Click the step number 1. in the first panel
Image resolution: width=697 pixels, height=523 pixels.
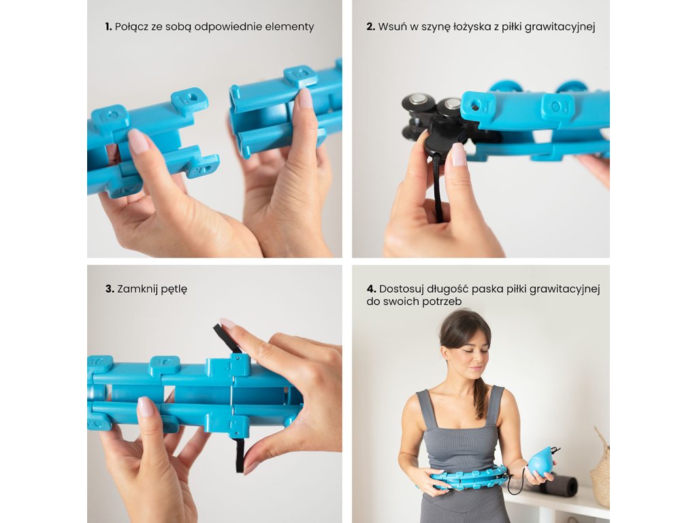point(108,27)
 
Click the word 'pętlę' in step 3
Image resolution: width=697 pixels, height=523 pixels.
point(174,289)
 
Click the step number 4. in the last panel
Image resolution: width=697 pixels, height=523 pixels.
point(372,289)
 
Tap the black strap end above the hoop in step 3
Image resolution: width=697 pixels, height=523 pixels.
point(225,336)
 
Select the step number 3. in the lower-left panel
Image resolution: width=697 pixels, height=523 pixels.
point(110,289)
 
